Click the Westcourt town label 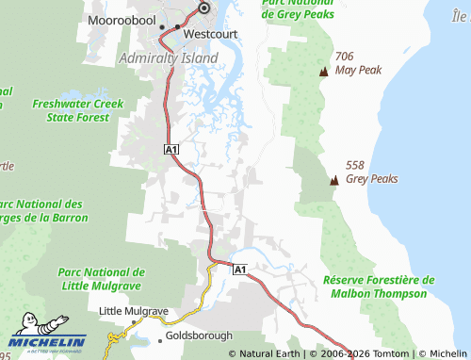point(210,32)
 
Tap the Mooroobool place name point(122,19)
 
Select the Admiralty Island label point(171,57)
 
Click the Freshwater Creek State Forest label point(71,110)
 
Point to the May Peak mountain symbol point(324,71)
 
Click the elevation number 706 point(344,56)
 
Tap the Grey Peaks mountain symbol point(333,179)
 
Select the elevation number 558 point(355,164)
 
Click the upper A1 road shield point(171,150)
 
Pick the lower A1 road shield point(239,270)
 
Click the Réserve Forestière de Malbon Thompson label point(379,287)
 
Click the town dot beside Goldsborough point(159,334)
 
